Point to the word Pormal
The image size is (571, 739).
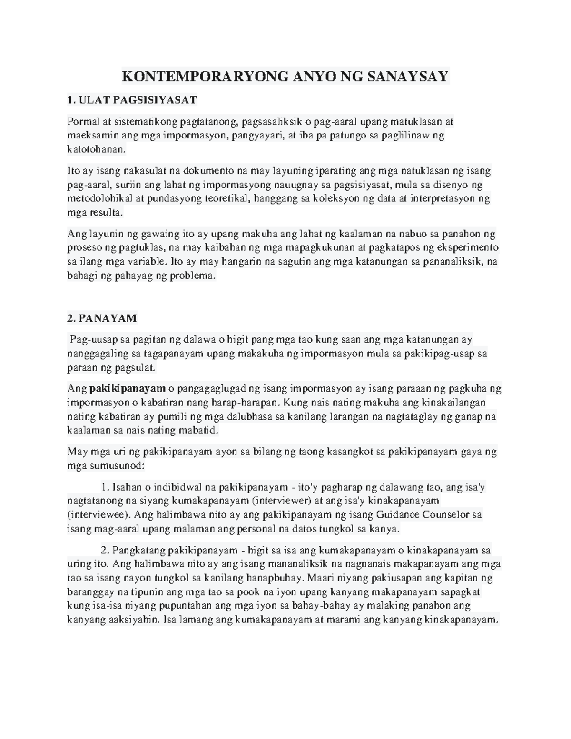[81, 122]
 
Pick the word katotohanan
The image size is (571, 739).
[97, 149]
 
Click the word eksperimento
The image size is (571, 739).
[467, 247]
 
